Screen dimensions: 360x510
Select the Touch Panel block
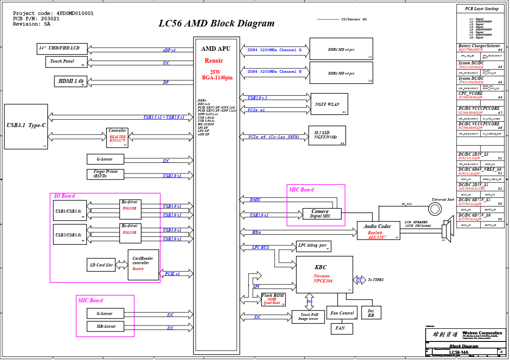pyautogui.click(x=66, y=62)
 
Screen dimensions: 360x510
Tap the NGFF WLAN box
pyautogui.click(x=329, y=105)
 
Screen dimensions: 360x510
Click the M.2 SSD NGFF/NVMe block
pyautogui.click(x=327, y=135)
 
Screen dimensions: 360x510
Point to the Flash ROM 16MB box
pyautogui.click(x=273, y=300)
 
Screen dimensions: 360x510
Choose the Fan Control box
pyautogui.click(x=342, y=313)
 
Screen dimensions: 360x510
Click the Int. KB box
pyautogui.click(x=371, y=313)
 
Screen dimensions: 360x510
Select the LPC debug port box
pyautogui.click(x=314, y=246)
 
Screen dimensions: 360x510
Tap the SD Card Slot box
pyautogui.click(x=102, y=265)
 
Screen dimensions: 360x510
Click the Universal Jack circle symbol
pyautogui.click(x=435, y=209)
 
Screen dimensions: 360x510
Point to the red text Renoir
pyautogui.click(x=214, y=61)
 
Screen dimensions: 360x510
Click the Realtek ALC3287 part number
pyautogui.click(x=377, y=237)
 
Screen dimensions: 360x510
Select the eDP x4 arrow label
pyautogui.click(x=169, y=50)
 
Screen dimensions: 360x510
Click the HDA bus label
pyautogui.click(x=256, y=232)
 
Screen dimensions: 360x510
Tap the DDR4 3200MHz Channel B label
pyautogui.click(x=274, y=71)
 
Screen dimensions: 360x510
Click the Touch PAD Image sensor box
pyautogui.click(x=308, y=317)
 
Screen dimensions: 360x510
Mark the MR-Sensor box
pyautogui.click(x=106, y=326)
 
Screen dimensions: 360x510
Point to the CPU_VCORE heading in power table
pyautogui.click(x=470, y=94)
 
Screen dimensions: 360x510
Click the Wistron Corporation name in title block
pyautogui.click(x=482, y=333)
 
